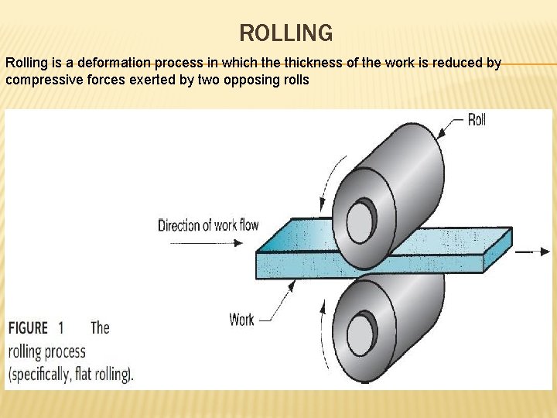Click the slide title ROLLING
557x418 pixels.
(x=286, y=33)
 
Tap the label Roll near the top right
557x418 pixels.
(x=477, y=120)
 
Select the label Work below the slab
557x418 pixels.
(x=241, y=319)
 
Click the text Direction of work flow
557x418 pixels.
(x=208, y=225)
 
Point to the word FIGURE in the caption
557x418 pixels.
(x=29, y=328)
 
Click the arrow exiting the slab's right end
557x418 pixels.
(x=534, y=252)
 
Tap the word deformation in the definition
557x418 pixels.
(x=117, y=63)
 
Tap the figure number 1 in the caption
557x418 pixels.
(x=61, y=328)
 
